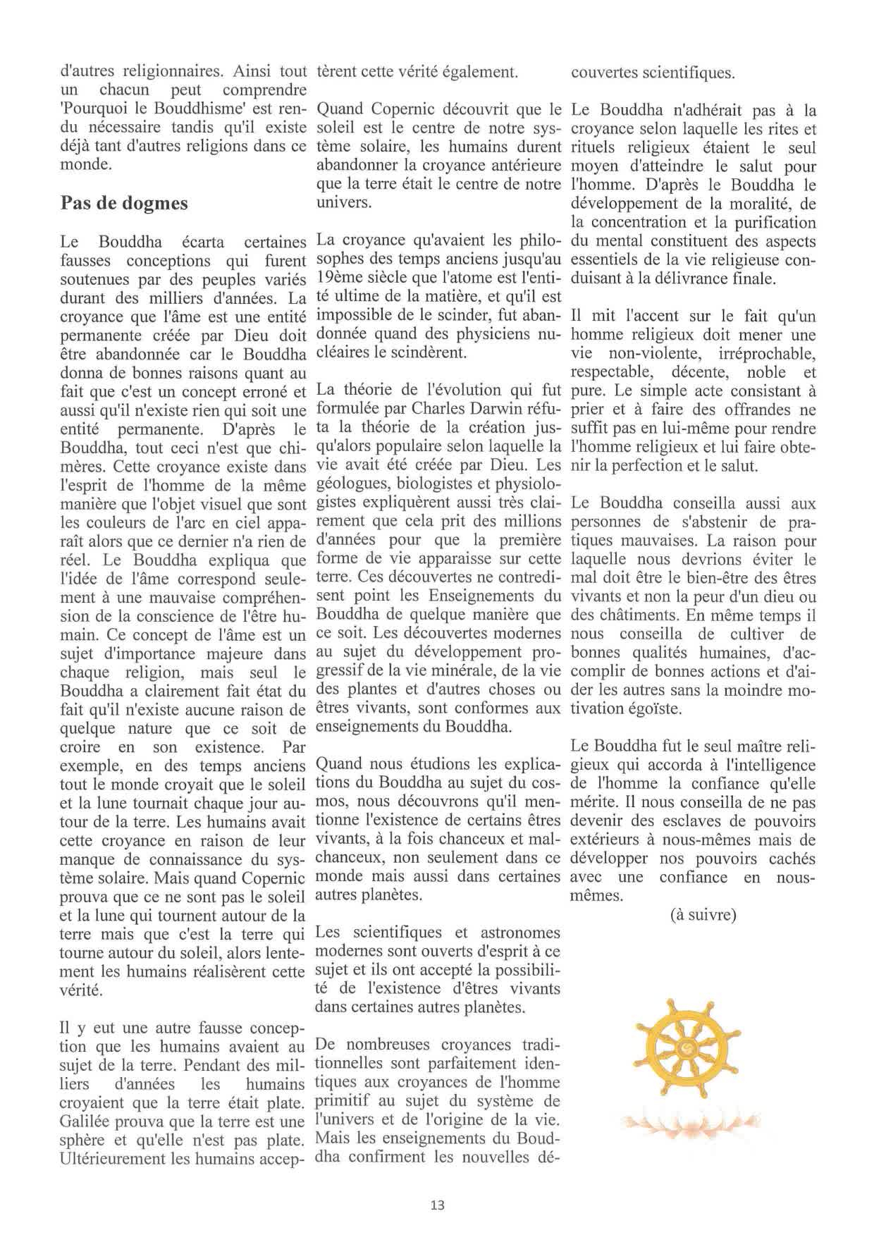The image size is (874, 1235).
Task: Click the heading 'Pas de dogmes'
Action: click(x=124, y=203)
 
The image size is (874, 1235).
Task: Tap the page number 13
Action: click(x=437, y=1205)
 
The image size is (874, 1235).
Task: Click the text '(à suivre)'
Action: click(x=703, y=915)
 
